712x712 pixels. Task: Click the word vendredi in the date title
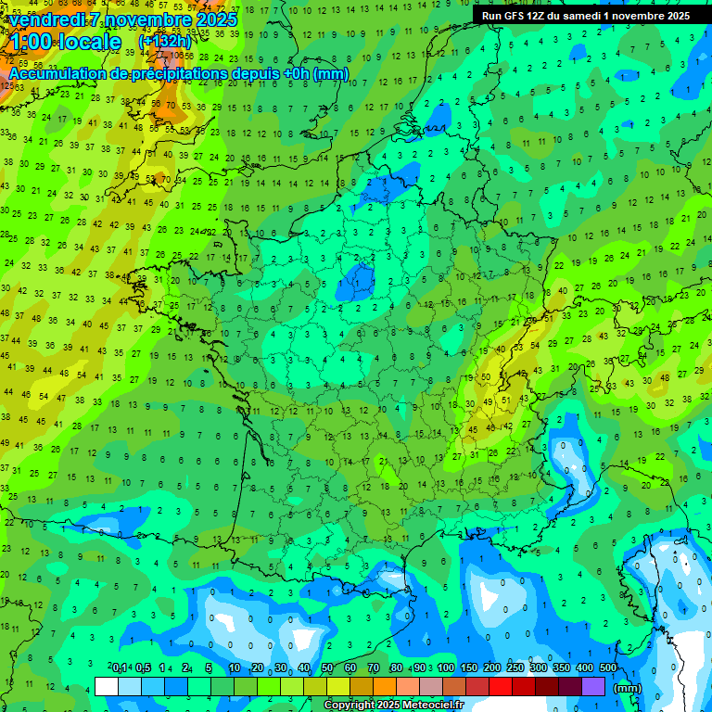click(47, 19)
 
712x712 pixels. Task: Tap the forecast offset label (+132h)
click(164, 42)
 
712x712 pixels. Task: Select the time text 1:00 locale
click(65, 43)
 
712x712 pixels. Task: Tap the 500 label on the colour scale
click(607, 667)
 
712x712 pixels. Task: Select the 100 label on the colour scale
click(446, 667)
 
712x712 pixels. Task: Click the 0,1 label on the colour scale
click(120, 667)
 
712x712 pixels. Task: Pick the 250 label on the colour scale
click(515, 667)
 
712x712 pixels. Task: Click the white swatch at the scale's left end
click(107, 686)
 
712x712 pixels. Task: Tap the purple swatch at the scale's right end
click(593, 686)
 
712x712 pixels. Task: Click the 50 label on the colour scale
click(327, 667)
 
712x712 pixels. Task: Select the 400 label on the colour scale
click(584, 667)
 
